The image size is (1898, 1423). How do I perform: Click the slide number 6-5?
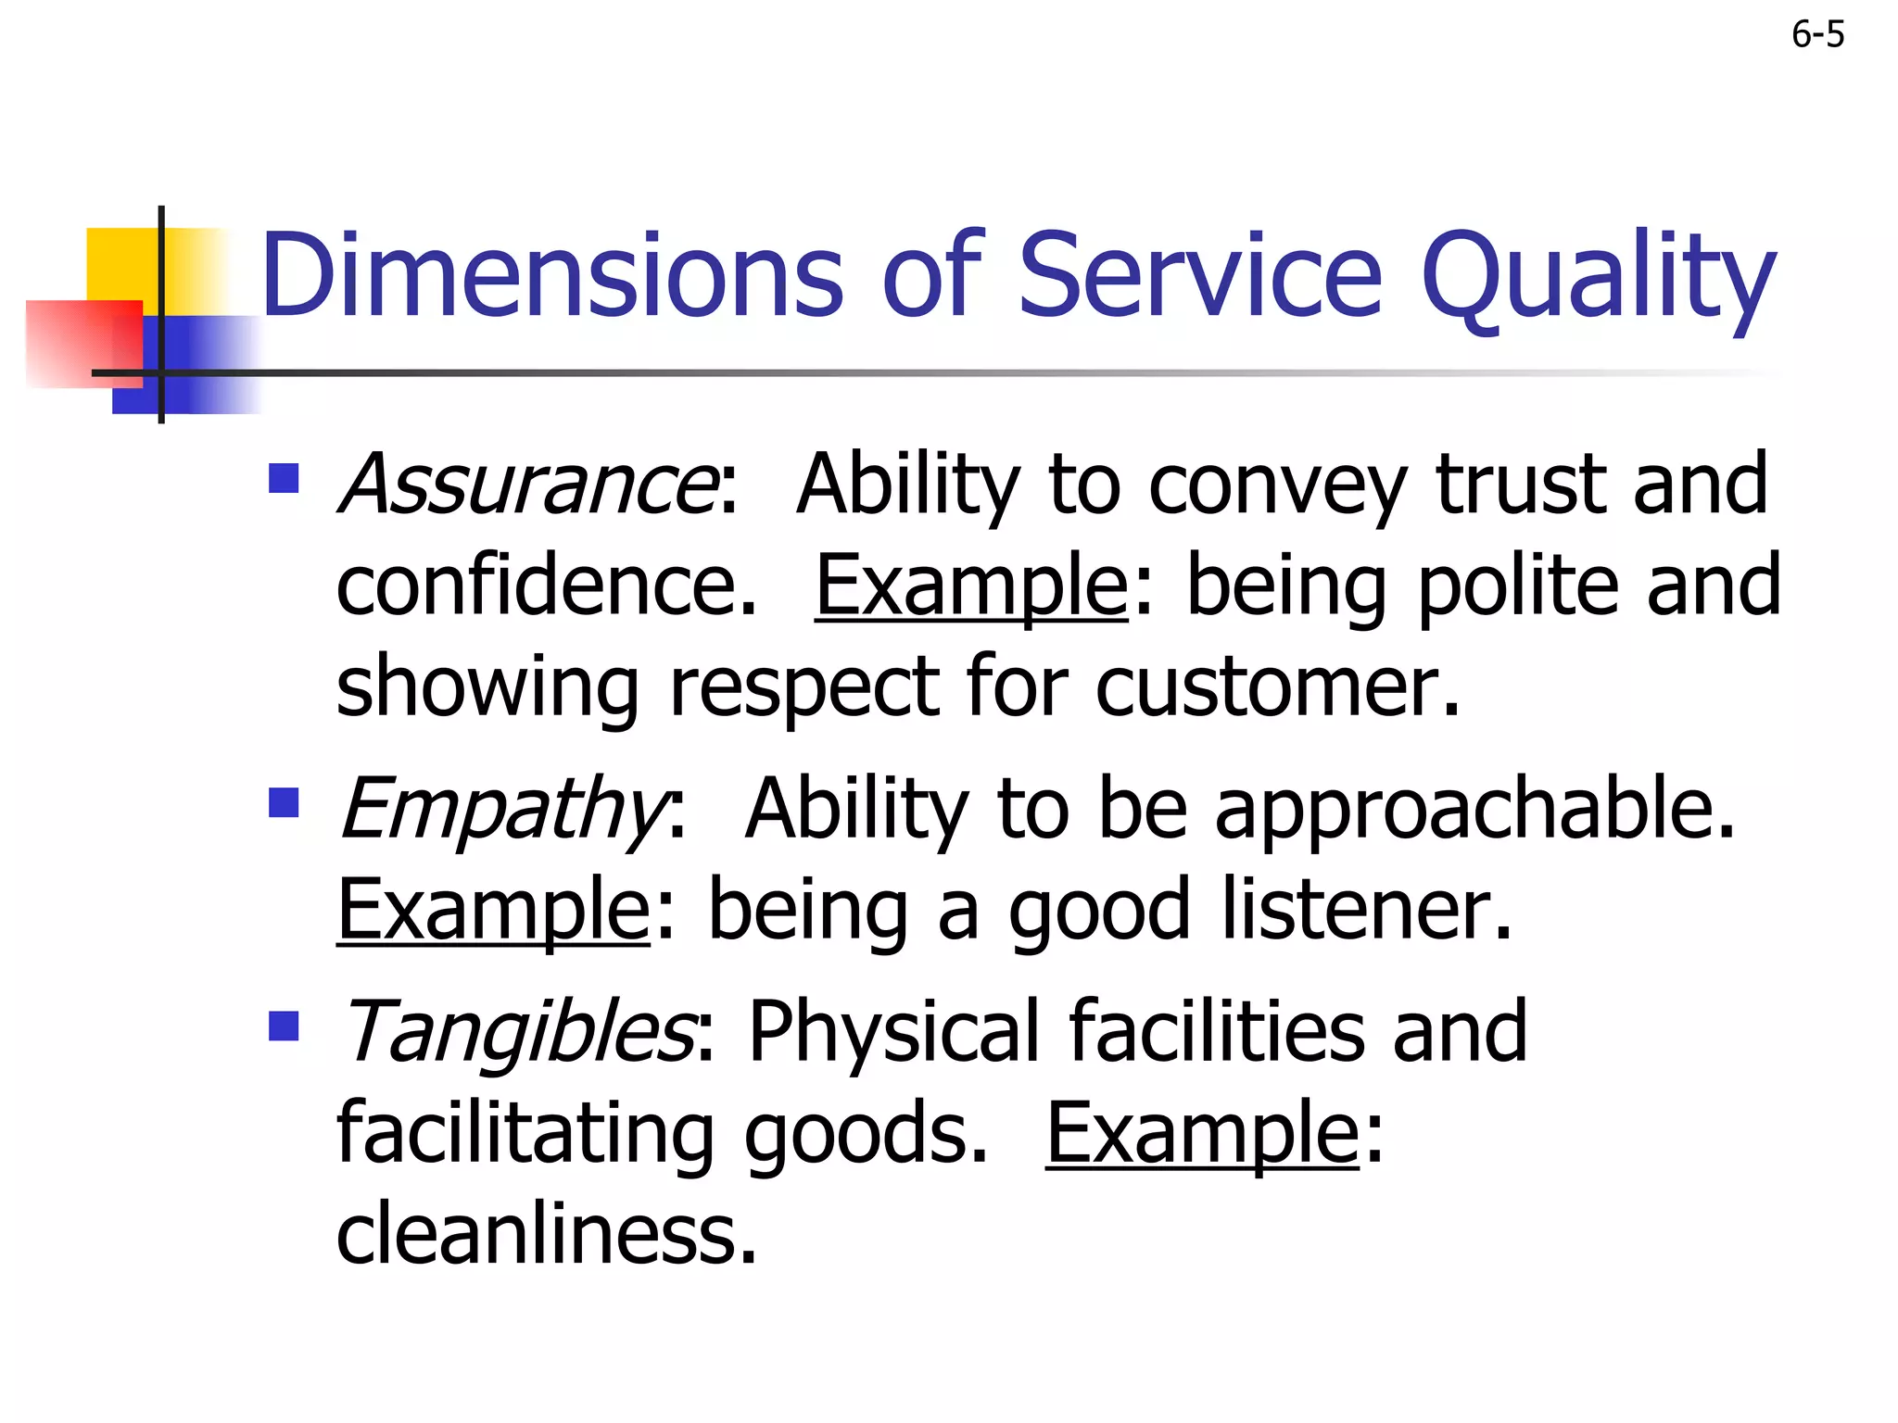click(1817, 35)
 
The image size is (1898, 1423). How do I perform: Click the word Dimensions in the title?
click(552, 275)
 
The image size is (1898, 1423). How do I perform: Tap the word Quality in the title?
click(1598, 275)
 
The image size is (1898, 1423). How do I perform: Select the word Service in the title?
click(1200, 275)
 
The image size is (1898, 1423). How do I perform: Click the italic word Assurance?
click(526, 485)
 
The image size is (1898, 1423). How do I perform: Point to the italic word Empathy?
click(503, 809)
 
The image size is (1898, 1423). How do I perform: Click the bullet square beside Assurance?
click(284, 479)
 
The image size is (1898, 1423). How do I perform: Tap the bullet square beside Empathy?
click(284, 803)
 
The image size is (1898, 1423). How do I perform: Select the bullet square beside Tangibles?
click(284, 1026)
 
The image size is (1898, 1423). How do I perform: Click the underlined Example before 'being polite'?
click(971, 586)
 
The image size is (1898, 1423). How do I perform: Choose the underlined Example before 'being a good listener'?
click(493, 910)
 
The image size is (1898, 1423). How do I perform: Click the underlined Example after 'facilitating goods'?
click(1202, 1133)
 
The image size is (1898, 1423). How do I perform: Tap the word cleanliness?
click(547, 1234)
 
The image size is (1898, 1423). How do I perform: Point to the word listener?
click(1366, 910)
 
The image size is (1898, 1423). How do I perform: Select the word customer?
click(1277, 687)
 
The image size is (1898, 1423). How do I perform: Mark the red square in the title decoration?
click(83, 343)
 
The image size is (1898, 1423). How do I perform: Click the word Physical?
click(893, 1031)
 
